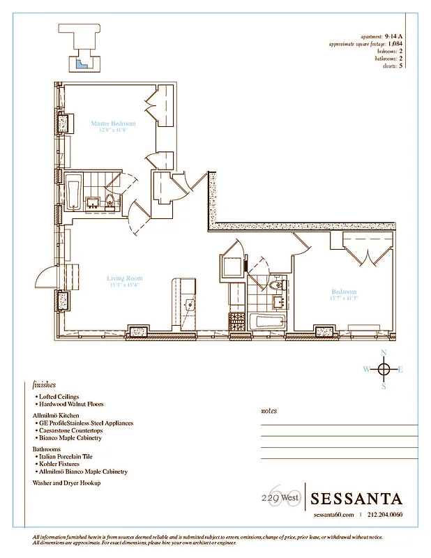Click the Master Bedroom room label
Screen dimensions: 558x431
point(113,123)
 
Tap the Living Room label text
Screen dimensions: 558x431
point(124,278)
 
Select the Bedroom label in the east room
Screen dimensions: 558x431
point(343,292)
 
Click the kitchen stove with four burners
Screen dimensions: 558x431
point(237,322)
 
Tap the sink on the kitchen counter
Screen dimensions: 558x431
point(189,304)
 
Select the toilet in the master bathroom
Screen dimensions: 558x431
point(111,203)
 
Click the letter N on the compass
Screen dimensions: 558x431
point(383,353)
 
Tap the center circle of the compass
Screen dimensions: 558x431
point(383,369)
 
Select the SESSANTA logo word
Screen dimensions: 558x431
point(356,499)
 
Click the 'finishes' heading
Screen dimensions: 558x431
point(44,384)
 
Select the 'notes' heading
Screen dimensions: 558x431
point(269,411)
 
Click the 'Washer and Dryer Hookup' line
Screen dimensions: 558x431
point(67,483)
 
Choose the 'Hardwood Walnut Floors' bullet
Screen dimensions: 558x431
point(71,405)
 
